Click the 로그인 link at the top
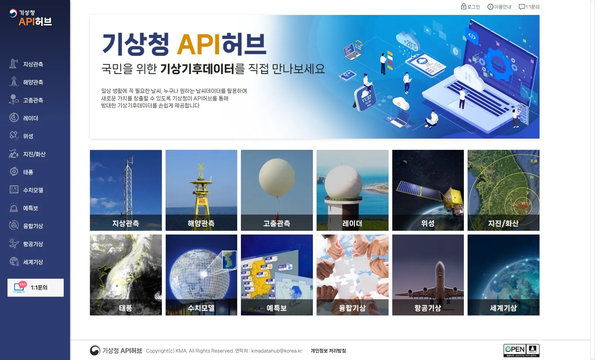coord(471,7)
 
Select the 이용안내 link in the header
coord(499,7)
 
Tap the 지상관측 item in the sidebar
coord(33,64)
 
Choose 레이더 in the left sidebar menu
coord(30,118)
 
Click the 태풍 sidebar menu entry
coord(28,172)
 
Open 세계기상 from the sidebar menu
coord(33,262)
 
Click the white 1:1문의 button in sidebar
coord(36,288)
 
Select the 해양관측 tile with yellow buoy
coord(201,190)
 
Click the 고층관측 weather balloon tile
coord(277,190)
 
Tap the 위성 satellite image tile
coord(428,190)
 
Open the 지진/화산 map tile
coord(504,190)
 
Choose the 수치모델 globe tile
coord(201,275)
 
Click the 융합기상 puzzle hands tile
coord(353,275)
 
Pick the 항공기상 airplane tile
coord(428,275)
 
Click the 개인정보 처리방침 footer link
coord(328,351)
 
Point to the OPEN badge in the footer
coord(521,350)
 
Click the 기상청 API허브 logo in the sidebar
coord(31,18)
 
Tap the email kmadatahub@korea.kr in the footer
coord(277,351)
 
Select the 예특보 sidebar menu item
coord(30,208)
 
